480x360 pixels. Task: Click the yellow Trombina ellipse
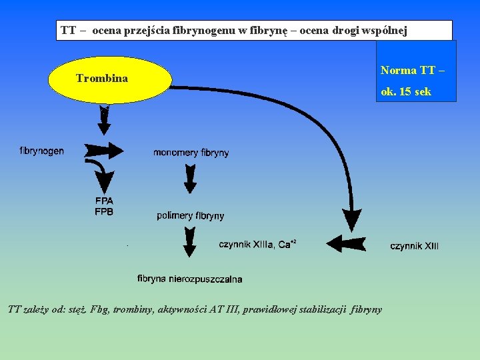[x=110, y=79]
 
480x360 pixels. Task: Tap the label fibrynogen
[x=42, y=151]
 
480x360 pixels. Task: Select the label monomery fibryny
[x=191, y=153]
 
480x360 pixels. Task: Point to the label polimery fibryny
[x=191, y=215]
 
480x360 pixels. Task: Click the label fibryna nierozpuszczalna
[x=190, y=279]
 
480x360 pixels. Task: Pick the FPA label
[x=104, y=201]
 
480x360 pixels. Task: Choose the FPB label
[x=104, y=211]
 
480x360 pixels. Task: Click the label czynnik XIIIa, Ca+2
[x=257, y=245]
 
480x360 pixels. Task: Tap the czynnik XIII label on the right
[x=414, y=246]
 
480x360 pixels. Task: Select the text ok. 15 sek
[x=406, y=92]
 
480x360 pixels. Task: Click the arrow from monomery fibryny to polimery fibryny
[x=190, y=179]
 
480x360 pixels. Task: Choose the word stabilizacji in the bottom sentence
[x=324, y=309]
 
